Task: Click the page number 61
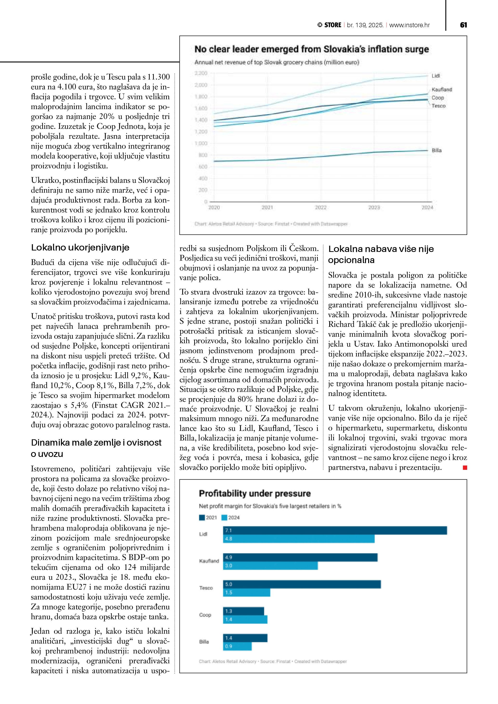point(463,25)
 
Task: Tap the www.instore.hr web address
point(409,25)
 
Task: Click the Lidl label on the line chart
point(436,76)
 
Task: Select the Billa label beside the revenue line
point(437,150)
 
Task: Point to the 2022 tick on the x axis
point(321,208)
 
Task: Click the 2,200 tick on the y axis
point(201,73)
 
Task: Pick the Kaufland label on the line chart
point(442,90)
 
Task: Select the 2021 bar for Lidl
point(335,530)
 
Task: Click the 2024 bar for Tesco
point(246,593)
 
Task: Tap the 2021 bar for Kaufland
point(300,557)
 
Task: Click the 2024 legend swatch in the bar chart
point(224,518)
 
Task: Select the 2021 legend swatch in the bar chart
point(202,518)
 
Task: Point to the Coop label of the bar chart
point(205,615)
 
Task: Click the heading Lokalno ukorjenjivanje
point(80,247)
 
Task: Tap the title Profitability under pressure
point(255,493)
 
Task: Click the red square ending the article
point(465,467)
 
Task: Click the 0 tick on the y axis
point(206,202)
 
